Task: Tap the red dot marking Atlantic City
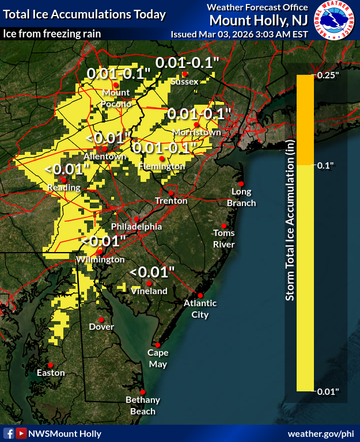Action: (x=200, y=295)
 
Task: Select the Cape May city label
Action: (x=158, y=359)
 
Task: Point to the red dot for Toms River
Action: (x=224, y=225)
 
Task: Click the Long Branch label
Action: (x=241, y=197)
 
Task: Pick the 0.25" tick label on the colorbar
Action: (x=329, y=75)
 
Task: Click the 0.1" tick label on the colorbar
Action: (x=327, y=165)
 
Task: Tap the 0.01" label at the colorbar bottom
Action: (x=329, y=391)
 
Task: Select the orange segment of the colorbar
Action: (x=305, y=120)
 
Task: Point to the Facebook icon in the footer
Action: (x=9, y=433)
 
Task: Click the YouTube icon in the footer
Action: (x=21, y=433)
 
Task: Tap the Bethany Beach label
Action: (x=143, y=405)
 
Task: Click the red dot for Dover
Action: (x=101, y=319)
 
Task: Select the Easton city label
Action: (x=51, y=373)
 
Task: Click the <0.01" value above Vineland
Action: (x=151, y=271)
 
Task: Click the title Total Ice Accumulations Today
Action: (x=85, y=14)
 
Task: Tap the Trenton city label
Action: (x=171, y=201)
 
